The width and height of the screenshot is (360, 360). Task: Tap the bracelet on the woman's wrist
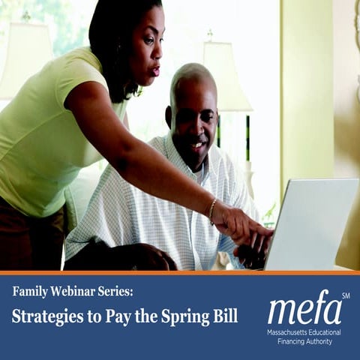click(212, 211)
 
